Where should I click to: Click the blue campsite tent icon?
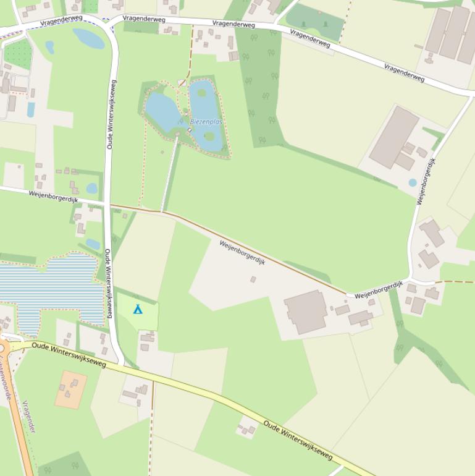[x=138, y=308]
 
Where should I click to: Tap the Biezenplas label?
[x=206, y=122]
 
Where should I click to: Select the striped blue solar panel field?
[x=49, y=290]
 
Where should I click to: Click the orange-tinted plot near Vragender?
[x=71, y=389]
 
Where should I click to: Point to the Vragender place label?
[x=28, y=417]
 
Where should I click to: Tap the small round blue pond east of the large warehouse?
[x=413, y=183]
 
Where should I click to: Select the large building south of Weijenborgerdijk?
[x=305, y=312]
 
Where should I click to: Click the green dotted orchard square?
[x=17, y=54]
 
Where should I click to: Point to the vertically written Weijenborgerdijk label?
[x=426, y=181]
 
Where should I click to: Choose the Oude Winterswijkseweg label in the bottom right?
[x=298, y=441]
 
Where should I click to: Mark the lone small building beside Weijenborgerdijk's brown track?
[x=253, y=279]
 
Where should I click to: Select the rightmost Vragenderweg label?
[x=404, y=73]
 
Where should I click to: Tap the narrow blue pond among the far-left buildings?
[x=31, y=109]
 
